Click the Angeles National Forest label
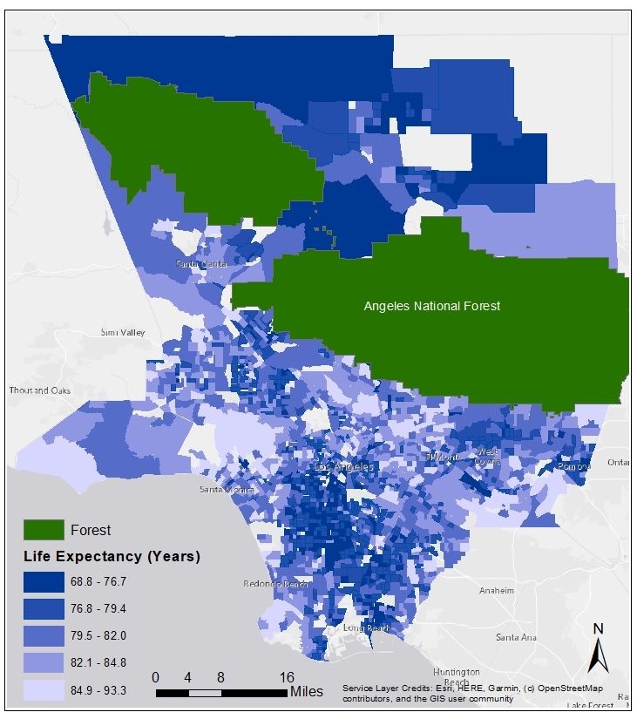coord(431,306)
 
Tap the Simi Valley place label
coord(122,333)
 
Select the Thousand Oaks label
coord(39,390)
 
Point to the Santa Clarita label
coord(201,263)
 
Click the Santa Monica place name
coord(226,489)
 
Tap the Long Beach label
coord(366,627)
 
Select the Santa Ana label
coord(516,637)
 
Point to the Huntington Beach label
coord(456,677)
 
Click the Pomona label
coord(574,466)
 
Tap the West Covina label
coord(487,456)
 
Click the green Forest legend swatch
coord(43,529)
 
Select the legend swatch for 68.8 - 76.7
coord(43,581)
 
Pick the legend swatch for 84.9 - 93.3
coord(43,690)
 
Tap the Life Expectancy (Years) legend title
coord(111,556)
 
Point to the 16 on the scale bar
coord(287,677)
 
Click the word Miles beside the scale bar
coord(307,692)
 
